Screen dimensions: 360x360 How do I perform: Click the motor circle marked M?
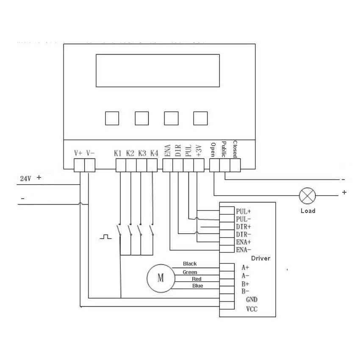(x=161, y=278)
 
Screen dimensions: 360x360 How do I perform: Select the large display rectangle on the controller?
(x=158, y=70)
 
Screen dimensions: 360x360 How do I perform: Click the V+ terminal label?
(x=78, y=152)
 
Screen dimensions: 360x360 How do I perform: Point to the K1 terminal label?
(x=118, y=152)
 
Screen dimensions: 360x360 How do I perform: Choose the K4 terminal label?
(x=154, y=152)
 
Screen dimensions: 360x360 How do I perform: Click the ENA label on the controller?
(x=168, y=150)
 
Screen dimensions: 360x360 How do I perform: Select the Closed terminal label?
(x=235, y=149)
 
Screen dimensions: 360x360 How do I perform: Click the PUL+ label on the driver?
(x=243, y=211)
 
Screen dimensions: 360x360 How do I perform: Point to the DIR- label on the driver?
(x=243, y=234)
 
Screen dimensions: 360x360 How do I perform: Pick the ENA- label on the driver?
(x=243, y=249)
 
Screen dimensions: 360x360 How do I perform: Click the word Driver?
(x=260, y=258)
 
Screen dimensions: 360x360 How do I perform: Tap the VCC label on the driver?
(x=252, y=309)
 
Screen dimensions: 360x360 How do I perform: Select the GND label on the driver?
(x=252, y=299)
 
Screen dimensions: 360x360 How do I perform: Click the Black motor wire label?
(x=190, y=264)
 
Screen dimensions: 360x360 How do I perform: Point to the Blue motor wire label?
(x=197, y=286)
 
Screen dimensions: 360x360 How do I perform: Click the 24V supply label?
(x=26, y=179)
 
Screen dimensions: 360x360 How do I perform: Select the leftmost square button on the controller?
(x=112, y=118)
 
